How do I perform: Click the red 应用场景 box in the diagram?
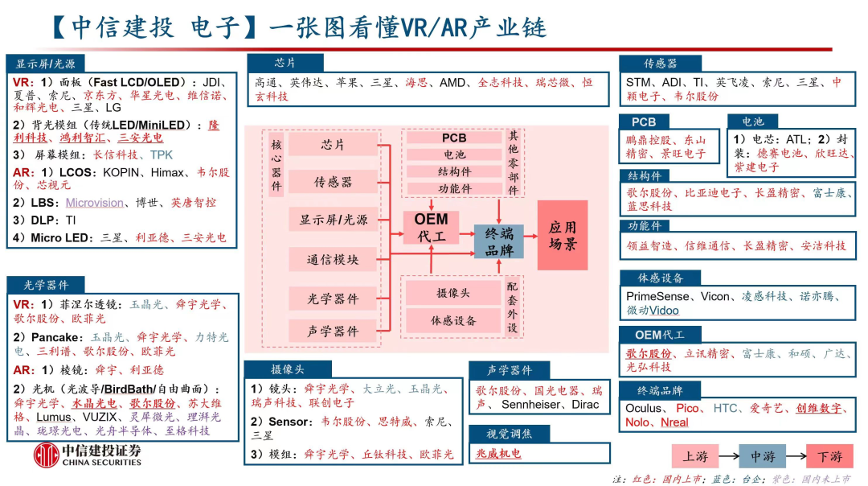pyautogui.click(x=563, y=234)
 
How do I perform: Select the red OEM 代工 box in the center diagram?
pyautogui.click(x=431, y=227)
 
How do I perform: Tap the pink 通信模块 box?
pyautogui.click(x=333, y=259)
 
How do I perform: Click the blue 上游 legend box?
pyautogui.click(x=695, y=456)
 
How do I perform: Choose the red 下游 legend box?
pyautogui.click(x=829, y=456)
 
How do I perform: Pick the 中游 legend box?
pyautogui.click(x=762, y=456)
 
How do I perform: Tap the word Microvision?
pyautogui.click(x=95, y=203)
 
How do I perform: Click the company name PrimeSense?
pyautogui.click(x=658, y=296)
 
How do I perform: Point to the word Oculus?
pyautogui.click(x=645, y=408)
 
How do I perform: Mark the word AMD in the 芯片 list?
pyautogui.click(x=452, y=82)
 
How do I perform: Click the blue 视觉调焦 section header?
pyautogui.click(x=510, y=435)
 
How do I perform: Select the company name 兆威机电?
pyautogui.click(x=498, y=454)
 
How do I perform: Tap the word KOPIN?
pyautogui.click(x=121, y=172)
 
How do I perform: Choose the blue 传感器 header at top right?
pyautogui.click(x=661, y=63)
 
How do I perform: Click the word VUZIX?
pyautogui.click(x=97, y=418)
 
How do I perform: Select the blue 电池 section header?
pyautogui.click(x=752, y=121)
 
